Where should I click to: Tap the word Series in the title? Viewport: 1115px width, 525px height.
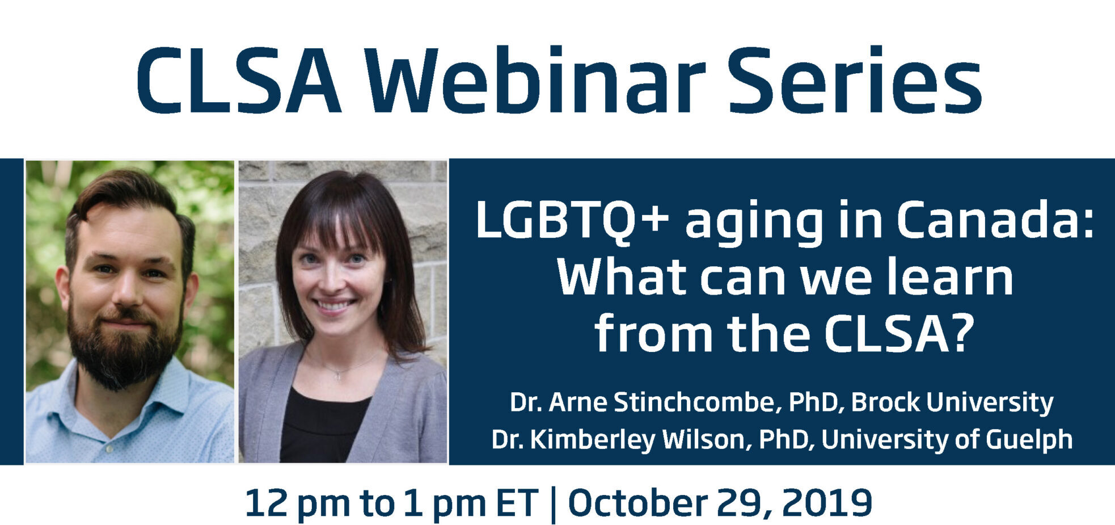(x=855, y=79)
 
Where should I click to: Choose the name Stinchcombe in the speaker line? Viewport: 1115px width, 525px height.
(x=694, y=402)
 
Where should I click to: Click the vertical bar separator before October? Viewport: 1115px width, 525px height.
(x=553, y=504)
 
